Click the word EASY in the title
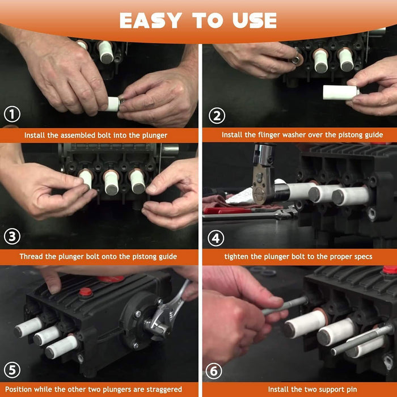coord(151,20)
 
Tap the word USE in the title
coord(255,20)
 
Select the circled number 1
coord(12,114)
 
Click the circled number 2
coord(217,116)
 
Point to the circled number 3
coord(12,236)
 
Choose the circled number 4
coord(216,238)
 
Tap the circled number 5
coord(12,370)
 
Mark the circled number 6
coord(214,371)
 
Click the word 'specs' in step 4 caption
coord(363,256)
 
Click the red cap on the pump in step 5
coord(86,293)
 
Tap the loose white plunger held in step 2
coord(341,92)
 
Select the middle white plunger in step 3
coord(112,183)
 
